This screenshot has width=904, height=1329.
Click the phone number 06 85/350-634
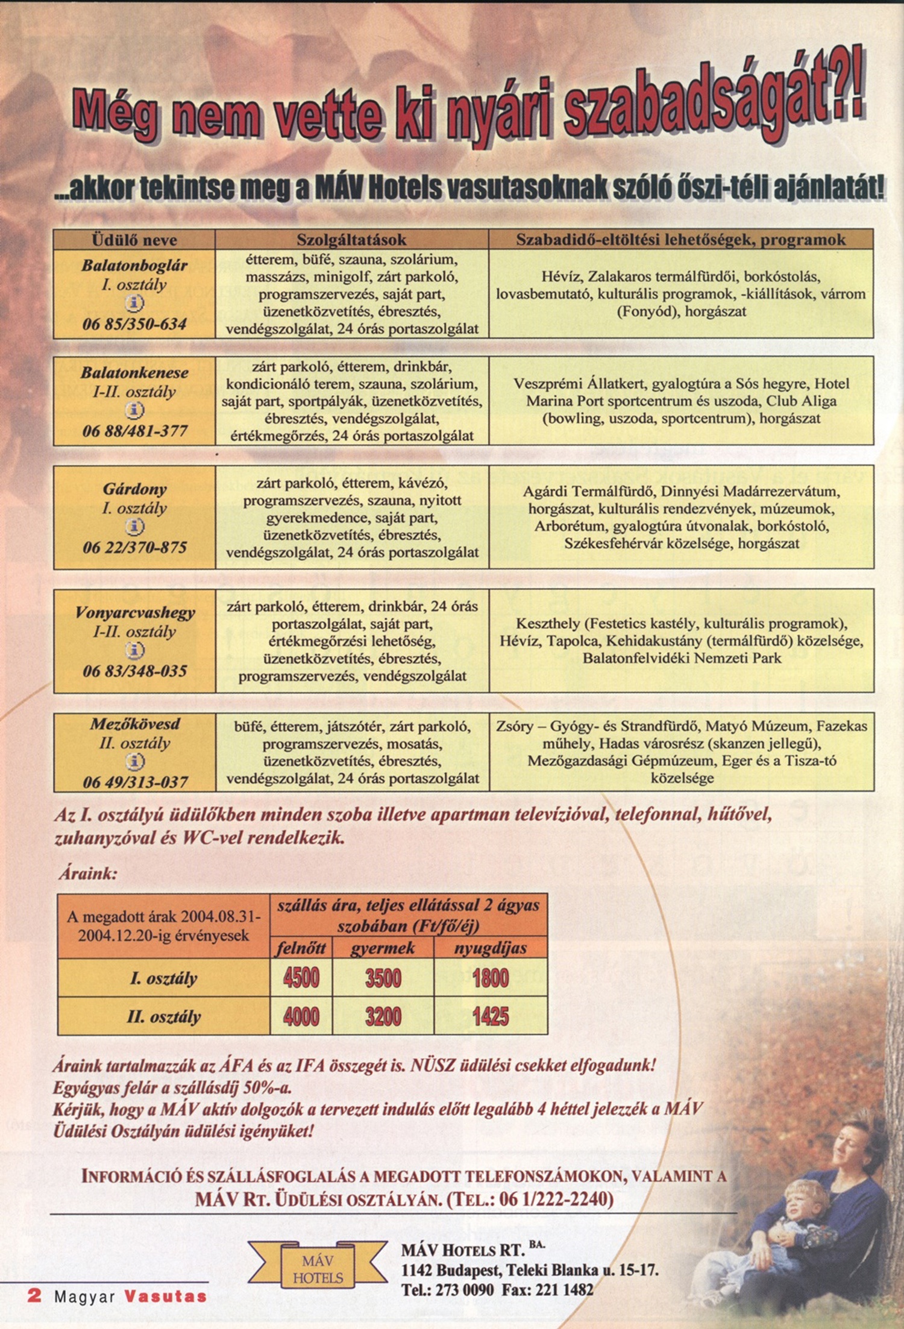[134, 324]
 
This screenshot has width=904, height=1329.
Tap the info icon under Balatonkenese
[134, 411]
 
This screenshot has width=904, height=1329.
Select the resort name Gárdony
[134, 489]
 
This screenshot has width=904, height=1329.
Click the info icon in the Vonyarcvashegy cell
[134, 651]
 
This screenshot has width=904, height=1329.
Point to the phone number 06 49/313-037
[135, 782]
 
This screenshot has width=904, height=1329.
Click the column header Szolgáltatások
[351, 240]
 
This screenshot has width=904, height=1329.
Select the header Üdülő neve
[134, 240]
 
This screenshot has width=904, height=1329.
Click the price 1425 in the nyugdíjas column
[491, 1017]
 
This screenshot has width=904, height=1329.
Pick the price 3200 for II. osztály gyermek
[383, 1017]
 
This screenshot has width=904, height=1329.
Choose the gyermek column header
[383, 948]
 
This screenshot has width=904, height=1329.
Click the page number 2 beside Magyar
[34, 1296]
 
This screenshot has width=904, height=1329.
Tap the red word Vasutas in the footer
[165, 1296]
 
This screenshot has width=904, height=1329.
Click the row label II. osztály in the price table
[164, 1017]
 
